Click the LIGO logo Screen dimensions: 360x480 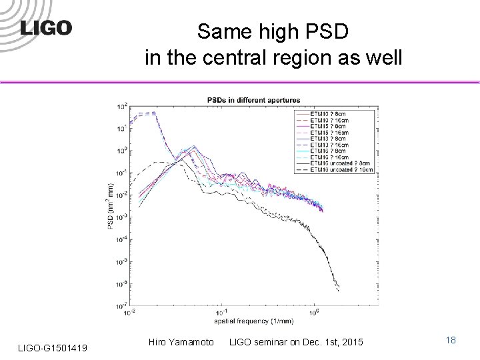tap(45, 27)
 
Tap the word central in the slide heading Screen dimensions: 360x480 tap(243, 58)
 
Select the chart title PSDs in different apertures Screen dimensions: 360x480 tap(252, 100)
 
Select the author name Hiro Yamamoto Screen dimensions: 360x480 tap(182, 342)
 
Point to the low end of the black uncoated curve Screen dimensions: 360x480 tap(339, 291)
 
